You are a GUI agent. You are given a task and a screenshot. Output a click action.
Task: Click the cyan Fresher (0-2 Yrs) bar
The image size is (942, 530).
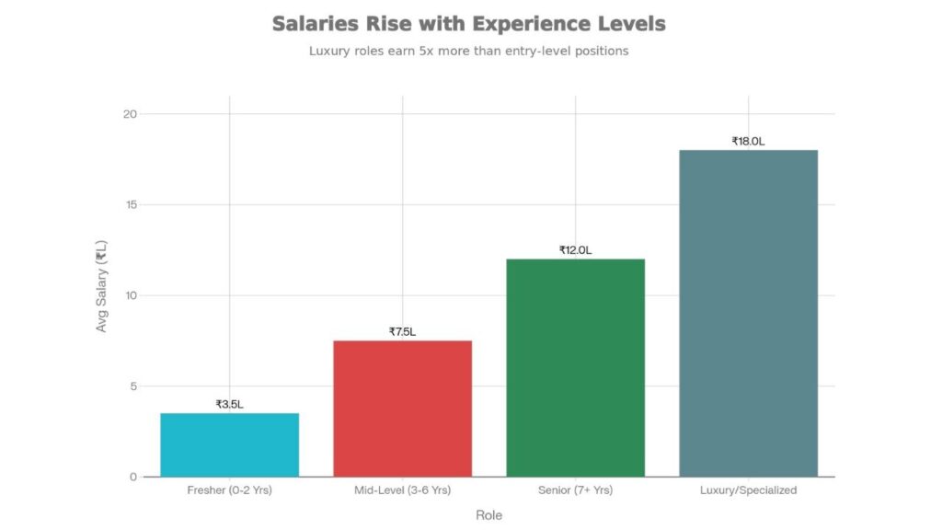(229, 444)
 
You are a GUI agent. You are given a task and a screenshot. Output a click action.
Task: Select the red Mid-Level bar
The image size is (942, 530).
(402, 409)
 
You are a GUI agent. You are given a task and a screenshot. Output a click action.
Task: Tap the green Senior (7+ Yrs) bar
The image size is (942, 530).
(575, 367)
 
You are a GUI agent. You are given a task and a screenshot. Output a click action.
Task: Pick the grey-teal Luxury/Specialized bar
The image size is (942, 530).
(748, 313)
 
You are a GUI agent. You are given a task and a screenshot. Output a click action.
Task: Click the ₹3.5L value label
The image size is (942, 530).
(229, 404)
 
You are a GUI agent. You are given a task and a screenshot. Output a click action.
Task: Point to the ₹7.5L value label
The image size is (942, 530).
(402, 331)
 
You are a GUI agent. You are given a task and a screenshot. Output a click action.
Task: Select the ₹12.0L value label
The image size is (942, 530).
(575, 250)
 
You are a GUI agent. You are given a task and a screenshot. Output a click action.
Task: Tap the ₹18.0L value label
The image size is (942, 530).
(748, 141)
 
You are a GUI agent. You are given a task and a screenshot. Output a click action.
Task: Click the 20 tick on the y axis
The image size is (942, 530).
(130, 114)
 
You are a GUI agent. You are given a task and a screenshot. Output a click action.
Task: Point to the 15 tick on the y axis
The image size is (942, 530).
(130, 204)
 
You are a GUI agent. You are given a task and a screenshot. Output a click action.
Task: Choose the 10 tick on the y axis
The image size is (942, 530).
(130, 295)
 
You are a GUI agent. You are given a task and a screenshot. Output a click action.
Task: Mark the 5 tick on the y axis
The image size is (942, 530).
(132, 386)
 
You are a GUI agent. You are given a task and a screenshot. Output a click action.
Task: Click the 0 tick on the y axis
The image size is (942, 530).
(132, 477)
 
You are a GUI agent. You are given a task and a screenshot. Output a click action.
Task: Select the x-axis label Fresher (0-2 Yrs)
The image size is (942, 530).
(229, 490)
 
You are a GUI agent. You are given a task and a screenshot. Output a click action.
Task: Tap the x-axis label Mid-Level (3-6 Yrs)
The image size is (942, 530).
(402, 490)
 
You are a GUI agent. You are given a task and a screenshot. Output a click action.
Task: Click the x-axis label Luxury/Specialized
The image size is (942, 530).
(748, 490)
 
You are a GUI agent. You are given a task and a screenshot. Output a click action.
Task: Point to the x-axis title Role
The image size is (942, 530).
(488, 515)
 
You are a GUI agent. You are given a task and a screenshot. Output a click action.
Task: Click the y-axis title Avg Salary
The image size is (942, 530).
(102, 285)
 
